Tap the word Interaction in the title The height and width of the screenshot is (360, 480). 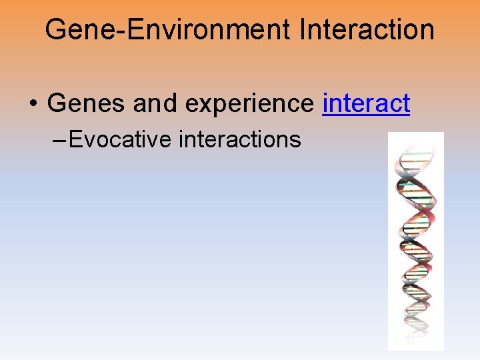[x=367, y=30]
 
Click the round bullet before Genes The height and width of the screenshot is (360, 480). [x=33, y=105]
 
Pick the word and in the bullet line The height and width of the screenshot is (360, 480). [x=157, y=103]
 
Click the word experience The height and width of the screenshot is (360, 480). [x=251, y=105]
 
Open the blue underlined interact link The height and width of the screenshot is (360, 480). [x=366, y=103]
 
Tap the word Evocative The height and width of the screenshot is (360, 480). [x=121, y=139]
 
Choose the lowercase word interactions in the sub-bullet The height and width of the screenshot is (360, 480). [x=240, y=139]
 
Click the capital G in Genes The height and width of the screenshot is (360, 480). [x=57, y=103]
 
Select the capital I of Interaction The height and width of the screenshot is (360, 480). [x=304, y=30]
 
